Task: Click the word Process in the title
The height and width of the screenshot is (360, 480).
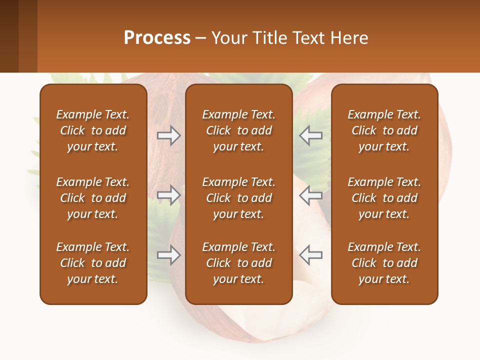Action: click(157, 38)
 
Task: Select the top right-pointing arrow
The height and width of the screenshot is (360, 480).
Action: click(169, 135)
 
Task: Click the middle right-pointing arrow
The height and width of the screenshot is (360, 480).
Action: click(169, 195)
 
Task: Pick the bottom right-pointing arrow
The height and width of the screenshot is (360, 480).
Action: click(169, 254)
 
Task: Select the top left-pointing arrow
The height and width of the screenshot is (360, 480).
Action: click(310, 135)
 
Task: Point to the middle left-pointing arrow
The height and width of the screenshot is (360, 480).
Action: click(310, 195)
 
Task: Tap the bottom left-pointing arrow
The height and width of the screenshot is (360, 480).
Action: click(310, 254)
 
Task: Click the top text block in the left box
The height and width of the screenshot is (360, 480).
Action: click(93, 130)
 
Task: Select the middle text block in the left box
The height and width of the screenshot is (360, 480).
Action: click(93, 198)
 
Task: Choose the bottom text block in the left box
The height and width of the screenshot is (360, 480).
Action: click(93, 263)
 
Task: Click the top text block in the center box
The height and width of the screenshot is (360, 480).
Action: click(238, 130)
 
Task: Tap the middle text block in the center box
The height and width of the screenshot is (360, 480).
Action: click(238, 198)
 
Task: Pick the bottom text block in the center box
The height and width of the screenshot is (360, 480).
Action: click(238, 263)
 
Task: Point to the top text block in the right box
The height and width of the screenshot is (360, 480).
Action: click(384, 130)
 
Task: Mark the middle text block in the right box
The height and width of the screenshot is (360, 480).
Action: click(384, 198)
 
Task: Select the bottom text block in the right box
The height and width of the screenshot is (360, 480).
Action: click(384, 263)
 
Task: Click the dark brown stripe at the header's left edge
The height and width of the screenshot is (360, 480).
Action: click(9, 36)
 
